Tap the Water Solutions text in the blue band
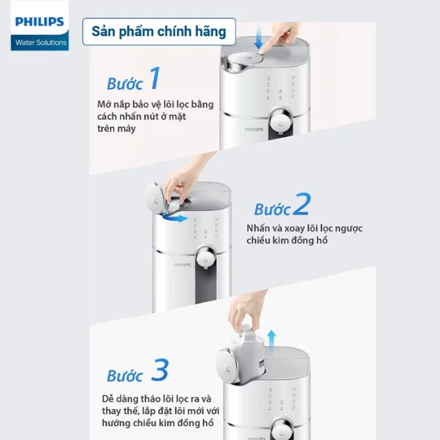[x=41, y=43]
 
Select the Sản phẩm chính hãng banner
[x=158, y=32]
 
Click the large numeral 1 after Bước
[x=153, y=78]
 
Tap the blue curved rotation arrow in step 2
[x=174, y=217]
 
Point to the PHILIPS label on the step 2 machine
[x=183, y=265]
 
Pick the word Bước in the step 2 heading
[x=273, y=208]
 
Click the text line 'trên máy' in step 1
[x=117, y=128]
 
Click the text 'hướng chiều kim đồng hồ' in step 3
[x=158, y=423]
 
